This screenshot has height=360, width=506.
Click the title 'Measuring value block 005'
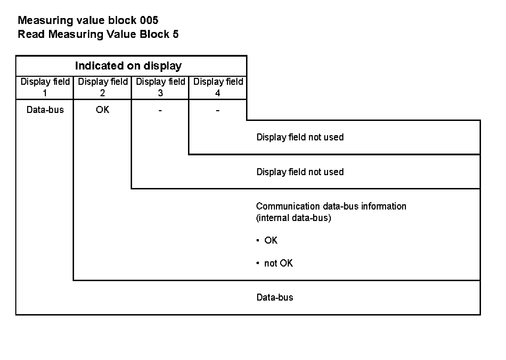pyautogui.click(x=88, y=20)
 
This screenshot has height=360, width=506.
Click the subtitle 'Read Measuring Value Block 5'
pyautogui.click(x=98, y=34)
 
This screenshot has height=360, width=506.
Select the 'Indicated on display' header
pyautogui.click(x=128, y=66)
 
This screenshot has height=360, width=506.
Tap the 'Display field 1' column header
pyautogui.click(x=45, y=87)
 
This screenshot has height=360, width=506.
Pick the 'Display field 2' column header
pyautogui.click(x=103, y=87)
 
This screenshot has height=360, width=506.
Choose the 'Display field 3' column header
pyautogui.click(x=160, y=87)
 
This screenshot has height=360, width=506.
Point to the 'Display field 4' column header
pyautogui.click(x=218, y=87)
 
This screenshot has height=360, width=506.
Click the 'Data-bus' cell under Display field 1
pyautogui.click(x=45, y=110)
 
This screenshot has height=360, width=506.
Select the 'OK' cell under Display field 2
pyautogui.click(x=103, y=110)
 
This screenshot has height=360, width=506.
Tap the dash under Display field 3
pyautogui.click(x=160, y=111)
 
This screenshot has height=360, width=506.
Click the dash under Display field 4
pyautogui.click(x=218, y=111)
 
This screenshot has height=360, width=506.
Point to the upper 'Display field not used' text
pyautogui.click(x=300, y=137)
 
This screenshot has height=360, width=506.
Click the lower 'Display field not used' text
pyautogui.click(x=300, y=172)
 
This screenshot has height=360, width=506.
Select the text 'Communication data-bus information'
pyautogui.click(x=331, y=206)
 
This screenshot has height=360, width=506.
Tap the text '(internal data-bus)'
pyautogui.click(x=293, y=218)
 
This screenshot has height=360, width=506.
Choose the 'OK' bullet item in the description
pyautogui.click(x=271, y=240)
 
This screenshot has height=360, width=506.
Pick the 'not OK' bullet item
pyautogui.click(x=278, y=263)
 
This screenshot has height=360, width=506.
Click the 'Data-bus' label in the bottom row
pyautogui.click(x=275, y=297)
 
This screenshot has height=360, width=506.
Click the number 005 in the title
pyautogui.click(x=149, y=20)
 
